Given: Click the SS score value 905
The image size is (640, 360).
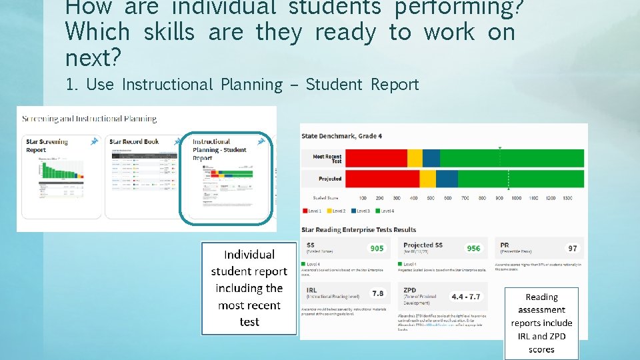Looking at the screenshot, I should click(377, 248).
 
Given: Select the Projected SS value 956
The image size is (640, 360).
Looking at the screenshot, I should click(473, 248).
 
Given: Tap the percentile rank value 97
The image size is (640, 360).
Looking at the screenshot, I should click(572, 248).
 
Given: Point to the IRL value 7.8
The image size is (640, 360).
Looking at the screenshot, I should click(377, 293).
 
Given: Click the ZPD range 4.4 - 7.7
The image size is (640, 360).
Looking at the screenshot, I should click(466, 296).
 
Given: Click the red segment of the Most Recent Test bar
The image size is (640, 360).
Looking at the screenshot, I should click(377, 158).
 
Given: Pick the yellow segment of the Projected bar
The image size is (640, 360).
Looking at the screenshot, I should click(427, 179).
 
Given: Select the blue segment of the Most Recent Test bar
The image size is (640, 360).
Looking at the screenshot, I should click(431, 158).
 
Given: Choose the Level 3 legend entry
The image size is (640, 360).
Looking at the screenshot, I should click(360, 211).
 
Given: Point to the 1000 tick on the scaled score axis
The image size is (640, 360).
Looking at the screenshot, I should click(516, 198).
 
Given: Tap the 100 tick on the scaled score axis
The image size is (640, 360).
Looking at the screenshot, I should click(362, 198).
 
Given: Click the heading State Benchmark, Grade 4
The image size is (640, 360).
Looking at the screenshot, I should click(341, 136).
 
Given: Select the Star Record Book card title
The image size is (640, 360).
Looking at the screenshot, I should click(134, 141).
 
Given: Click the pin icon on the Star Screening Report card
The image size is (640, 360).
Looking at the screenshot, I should click(93, 141).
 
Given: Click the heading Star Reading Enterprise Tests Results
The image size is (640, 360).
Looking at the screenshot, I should click(359, 230).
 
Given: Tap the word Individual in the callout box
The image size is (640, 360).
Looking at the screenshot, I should click(249, 255).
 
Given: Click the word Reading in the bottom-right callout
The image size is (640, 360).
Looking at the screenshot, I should click(541, 297).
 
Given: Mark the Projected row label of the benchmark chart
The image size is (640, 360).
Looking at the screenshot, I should click(330, 179).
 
